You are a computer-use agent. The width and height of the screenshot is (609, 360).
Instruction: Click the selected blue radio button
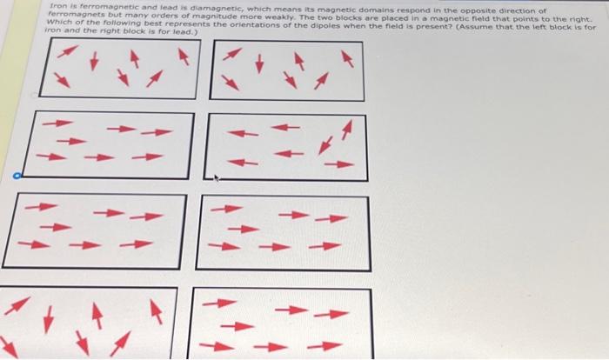point(17,176)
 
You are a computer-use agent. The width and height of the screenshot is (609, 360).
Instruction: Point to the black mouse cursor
point(217,178)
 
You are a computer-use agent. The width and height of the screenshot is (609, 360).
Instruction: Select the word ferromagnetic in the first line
point(97,7)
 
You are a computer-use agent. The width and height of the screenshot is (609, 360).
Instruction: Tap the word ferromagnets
point(69,15)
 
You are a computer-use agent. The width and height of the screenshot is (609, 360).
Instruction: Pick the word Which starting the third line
point(57,22)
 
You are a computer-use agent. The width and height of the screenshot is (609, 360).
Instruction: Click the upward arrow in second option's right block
point(347,130)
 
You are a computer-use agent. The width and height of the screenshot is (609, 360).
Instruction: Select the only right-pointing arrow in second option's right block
point(339,164)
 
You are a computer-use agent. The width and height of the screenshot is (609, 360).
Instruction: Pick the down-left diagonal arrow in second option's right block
point(325,145)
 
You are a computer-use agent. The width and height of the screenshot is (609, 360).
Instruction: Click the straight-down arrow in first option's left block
point(94,62)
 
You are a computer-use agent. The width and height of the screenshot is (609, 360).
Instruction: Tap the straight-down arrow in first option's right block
point(259,63)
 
